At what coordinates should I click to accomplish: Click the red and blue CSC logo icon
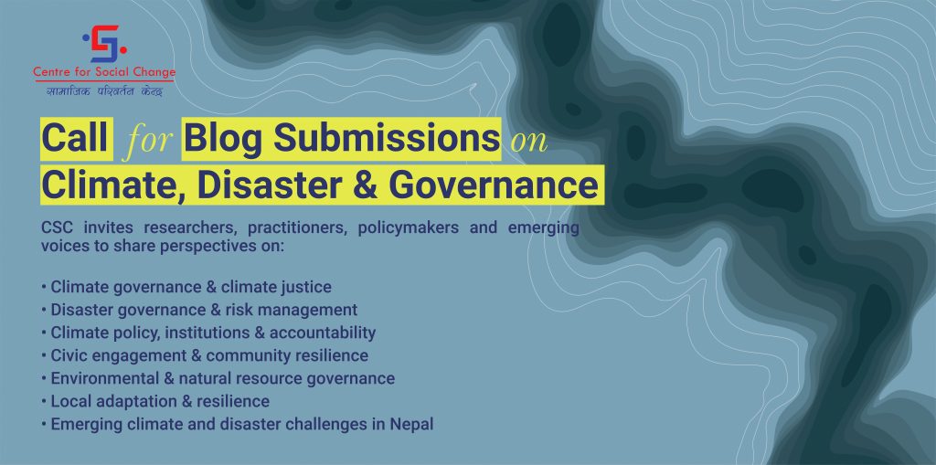click(x=104, y=44)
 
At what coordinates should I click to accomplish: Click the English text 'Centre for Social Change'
click(x=104, y=73)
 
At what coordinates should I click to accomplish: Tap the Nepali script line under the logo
click(x=104, y=90)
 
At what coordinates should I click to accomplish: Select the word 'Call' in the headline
click(x=75, y=139)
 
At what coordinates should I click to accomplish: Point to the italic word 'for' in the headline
click(x=148, y=142)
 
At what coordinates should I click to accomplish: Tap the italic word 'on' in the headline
click(x=529, y=143)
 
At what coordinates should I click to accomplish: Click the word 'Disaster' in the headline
click(x=270, y=185)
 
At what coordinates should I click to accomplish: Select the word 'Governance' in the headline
click(x=493, y=185)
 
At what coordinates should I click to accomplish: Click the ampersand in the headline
click(x=365, y=185)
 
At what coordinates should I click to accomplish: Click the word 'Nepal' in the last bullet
click(x=412, y=425)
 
